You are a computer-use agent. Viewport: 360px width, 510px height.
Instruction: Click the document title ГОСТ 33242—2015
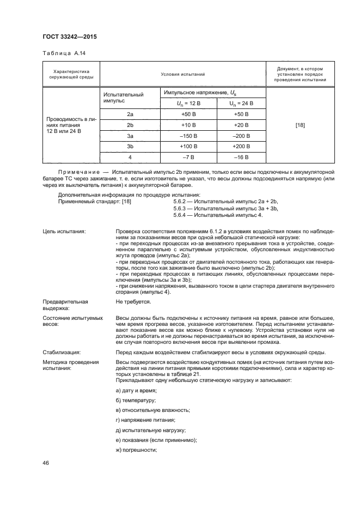pyautogui.click(x=70, y=37)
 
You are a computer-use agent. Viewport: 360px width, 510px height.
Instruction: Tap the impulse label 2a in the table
pyautogui.click(x=130, y=114)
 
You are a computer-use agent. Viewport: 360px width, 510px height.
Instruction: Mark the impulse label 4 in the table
pyautogui.click(x=130, y=157)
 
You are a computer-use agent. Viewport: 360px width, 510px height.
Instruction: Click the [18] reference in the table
pyautogui.click(x=300, y=125)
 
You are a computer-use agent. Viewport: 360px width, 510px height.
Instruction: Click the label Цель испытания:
pyautogui.click(x=64, y=232)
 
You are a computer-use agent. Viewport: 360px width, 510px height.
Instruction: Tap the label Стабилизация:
pyautogui.click(x=61, y=352)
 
